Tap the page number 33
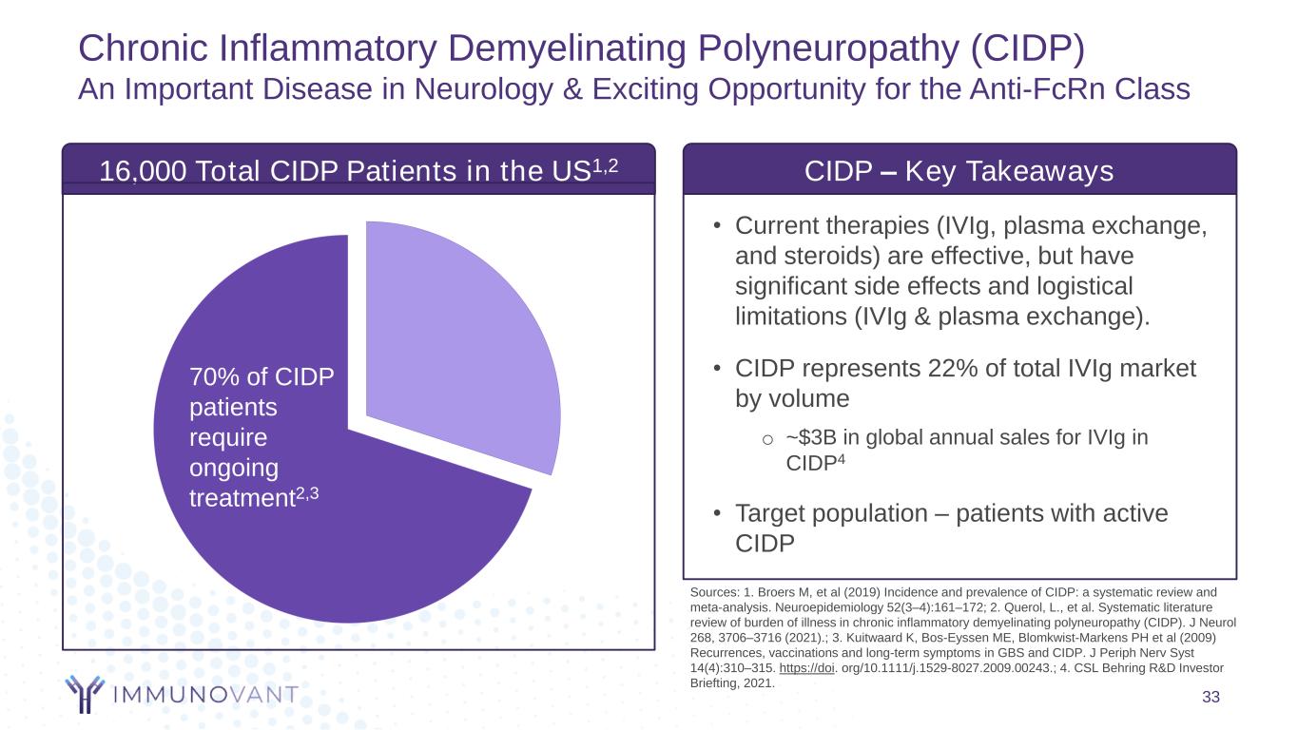[1211, 699]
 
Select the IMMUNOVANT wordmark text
[204, 695]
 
